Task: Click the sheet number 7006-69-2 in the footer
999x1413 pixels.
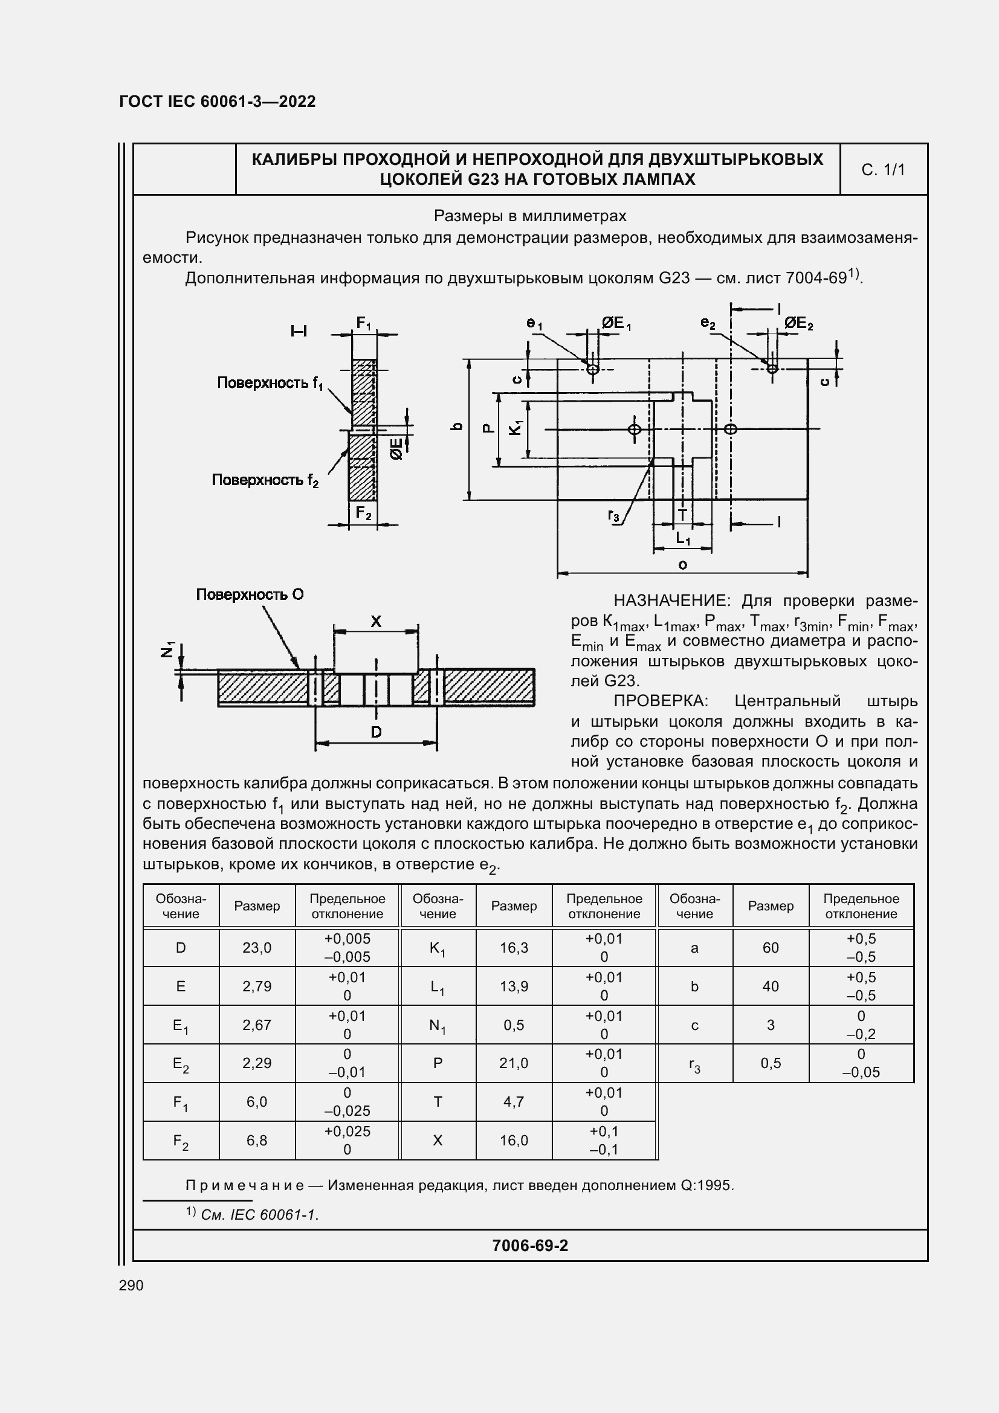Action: click(x=529, y=1246)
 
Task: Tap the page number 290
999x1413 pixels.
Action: click(x=131, y=1285)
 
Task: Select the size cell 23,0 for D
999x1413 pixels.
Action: click(x=257, y=948)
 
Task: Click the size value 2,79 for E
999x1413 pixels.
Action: click(x=257, y=987)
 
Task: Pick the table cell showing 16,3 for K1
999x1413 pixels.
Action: click(x=513, y=948)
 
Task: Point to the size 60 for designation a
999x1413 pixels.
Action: click(x=770, y=948)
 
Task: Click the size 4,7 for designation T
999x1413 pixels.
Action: click(x=513, y=1102)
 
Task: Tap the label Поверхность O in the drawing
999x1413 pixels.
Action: click(x=249, y=594)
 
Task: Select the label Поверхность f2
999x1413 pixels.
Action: click(x=265, y=480)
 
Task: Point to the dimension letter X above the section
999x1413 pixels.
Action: click(x=375, y=622)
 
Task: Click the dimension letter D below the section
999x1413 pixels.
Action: click(x=375, y=732)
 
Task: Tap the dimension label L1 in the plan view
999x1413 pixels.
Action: click(x=682, y=538)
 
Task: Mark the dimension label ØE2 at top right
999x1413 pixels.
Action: click(x=798, y=323)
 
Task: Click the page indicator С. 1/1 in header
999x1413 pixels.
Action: click(x=883, y=170)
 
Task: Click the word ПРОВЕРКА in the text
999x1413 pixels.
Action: click(x=661, y=701)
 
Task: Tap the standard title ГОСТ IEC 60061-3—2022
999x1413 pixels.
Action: click(x=218, y=101)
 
